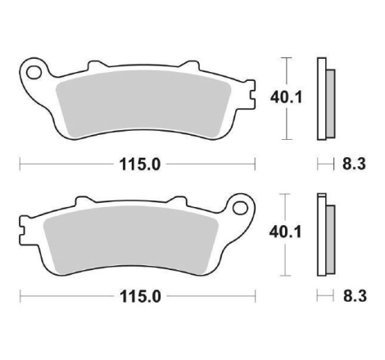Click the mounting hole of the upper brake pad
34,72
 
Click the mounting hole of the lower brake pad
240,208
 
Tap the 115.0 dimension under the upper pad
140,164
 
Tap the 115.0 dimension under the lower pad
140,296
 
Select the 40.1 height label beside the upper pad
286,97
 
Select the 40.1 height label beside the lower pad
285,232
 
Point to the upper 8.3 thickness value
354,164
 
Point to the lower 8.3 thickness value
355,296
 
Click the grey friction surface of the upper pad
143,104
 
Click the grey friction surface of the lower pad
131,240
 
